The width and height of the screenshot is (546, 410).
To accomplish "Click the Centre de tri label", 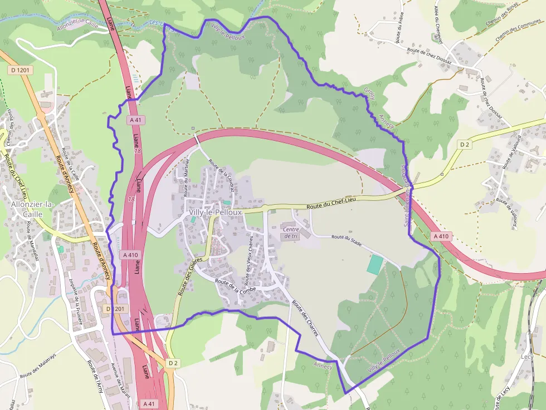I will coord(291,233).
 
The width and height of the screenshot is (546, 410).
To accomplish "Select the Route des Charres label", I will coord(305,318).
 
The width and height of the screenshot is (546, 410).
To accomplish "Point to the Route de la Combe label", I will coord(235,286).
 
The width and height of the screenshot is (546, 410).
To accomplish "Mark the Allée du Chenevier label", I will coord(438,23).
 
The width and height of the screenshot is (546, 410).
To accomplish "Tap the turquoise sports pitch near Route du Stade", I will coord(376,264).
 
